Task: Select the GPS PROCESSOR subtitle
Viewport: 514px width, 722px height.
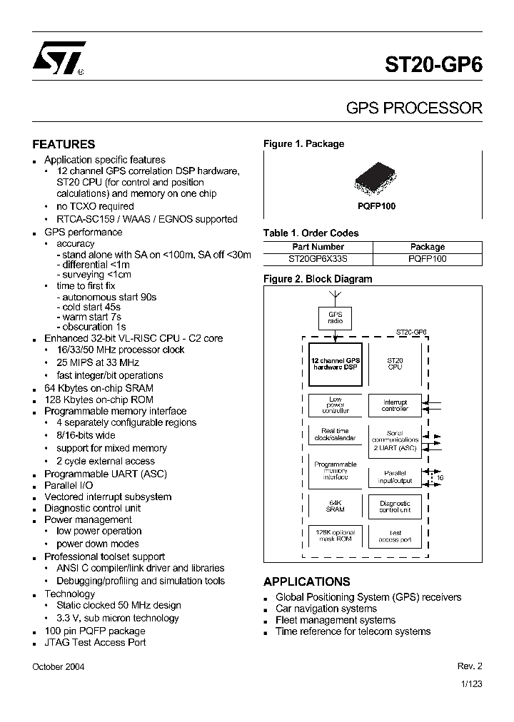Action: coord(414,108)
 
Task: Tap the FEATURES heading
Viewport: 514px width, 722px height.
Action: coord(64,144)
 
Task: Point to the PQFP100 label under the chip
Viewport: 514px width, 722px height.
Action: coord(377,205)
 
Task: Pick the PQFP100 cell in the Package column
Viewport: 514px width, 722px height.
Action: coord(428,258)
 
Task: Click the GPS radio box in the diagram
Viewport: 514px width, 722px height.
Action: coord(335,317)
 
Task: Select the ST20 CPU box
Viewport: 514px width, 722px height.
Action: coord(395,363)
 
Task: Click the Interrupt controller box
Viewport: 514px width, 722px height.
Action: coord(395,405)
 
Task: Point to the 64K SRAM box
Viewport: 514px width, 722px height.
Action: coord(335,506)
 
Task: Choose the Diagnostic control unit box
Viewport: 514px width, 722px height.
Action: coord(395,507)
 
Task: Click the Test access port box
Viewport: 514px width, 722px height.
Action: coord(395,536)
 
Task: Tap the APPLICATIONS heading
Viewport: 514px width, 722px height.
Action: coord(306,581)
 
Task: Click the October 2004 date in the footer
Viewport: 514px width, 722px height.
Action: coord(59,666)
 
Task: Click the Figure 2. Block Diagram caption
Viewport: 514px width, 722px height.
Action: coord(318,279)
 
